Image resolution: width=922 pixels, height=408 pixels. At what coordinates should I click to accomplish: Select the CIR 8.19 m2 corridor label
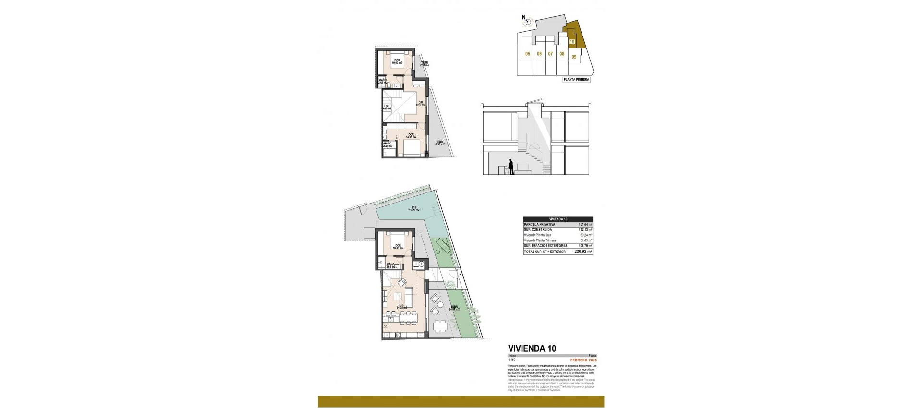[420, 103]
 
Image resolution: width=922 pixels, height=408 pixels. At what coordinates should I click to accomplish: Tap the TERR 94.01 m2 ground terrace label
[454, 308]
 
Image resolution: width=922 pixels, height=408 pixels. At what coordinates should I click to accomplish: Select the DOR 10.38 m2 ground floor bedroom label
[396, 247]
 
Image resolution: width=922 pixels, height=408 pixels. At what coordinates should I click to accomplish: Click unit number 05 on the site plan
[527, 54]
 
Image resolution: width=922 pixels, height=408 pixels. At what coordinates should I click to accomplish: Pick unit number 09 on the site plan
[574, 57]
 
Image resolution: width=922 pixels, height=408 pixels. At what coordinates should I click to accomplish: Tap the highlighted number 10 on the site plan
[571, 42]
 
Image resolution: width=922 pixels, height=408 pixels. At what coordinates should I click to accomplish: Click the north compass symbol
[527, 21]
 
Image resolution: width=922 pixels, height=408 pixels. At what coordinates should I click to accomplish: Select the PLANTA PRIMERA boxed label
[577, 80]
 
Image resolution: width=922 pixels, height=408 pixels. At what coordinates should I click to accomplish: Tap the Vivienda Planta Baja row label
[539, 235]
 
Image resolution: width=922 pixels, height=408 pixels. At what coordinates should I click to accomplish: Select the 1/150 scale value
[511, 360]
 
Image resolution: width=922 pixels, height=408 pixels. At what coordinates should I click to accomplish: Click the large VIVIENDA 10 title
[532, 348]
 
